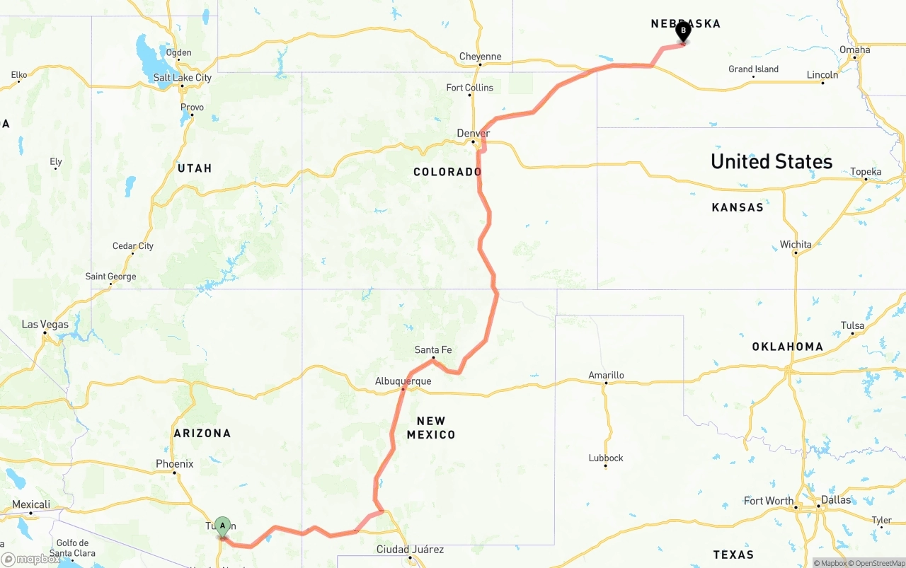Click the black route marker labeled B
[x=683, y=31]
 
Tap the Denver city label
[x=473, y=133]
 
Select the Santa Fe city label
[x=433, y=350]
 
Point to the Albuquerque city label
[x=403, y=381]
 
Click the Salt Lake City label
[x=182, y=77]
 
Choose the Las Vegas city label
[x=45, y=325]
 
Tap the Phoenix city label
[x=174, y=464]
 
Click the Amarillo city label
[x=606, y=375]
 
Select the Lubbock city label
[x=606, y=458]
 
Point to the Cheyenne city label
[x=480, y=57]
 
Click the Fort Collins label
[x=470, y=88]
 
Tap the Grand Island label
[x=753, y=69]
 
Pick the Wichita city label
[x=796, y=245]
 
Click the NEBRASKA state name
[x=685, y=23]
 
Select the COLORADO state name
[x=447, y=172]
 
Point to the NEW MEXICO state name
[x=430, y=428]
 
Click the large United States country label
[x=772, y=161]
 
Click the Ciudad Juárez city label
[x=410, y=550]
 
